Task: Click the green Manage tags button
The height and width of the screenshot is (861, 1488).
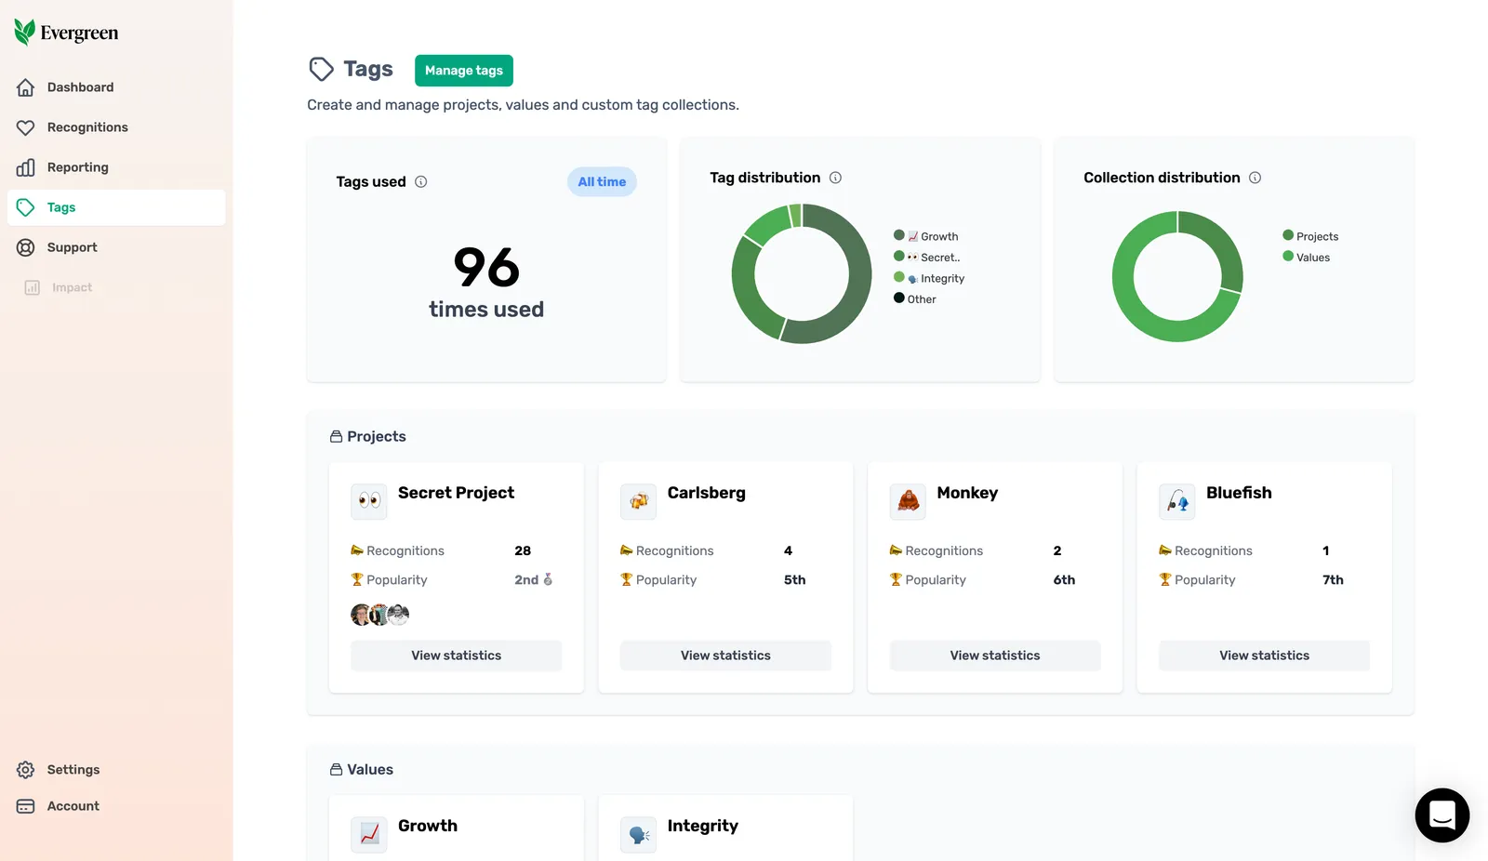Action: point(464,71)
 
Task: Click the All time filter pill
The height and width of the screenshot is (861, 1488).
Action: point(602,182)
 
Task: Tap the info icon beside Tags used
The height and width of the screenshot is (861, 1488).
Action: point(420,182)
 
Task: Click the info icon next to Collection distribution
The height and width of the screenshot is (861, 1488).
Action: point(1255,178)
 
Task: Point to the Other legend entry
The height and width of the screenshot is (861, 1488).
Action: point(915,299)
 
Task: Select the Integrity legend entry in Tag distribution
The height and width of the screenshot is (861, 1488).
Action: point(929,278)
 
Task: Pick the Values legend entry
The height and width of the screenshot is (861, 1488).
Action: point(1306,258)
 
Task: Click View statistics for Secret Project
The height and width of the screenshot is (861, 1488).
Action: point(457,656)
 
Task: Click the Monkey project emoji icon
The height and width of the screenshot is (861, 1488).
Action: point(908,501)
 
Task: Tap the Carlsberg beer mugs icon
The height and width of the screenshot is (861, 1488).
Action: point(638,501)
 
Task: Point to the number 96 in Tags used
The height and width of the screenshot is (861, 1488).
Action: point(486,268)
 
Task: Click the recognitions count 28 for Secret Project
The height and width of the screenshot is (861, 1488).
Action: point(523,550)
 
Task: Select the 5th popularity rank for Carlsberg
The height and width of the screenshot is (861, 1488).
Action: point(794,580)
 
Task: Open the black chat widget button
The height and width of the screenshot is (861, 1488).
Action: point(1442,815)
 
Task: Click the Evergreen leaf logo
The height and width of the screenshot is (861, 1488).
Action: point(24,32)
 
